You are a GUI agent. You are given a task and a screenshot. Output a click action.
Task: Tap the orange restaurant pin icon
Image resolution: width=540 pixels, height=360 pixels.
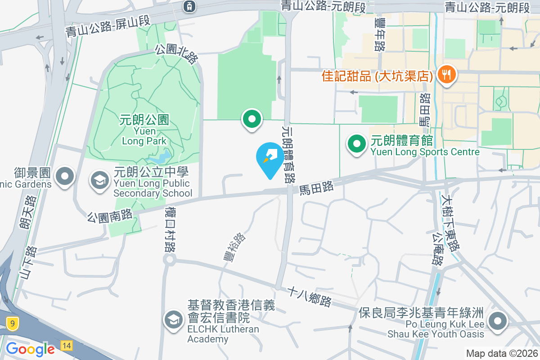446,74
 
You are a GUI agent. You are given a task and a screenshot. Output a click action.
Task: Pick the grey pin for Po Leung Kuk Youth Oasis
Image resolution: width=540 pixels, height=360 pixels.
498,322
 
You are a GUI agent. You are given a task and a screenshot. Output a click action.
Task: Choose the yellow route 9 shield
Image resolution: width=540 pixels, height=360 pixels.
13,322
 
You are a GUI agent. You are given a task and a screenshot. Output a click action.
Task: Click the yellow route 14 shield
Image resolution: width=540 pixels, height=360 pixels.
66,346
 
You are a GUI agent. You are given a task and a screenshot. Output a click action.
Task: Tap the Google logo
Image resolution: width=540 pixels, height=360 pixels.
30,349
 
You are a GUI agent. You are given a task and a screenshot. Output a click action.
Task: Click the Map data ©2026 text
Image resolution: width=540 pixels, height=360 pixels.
502,354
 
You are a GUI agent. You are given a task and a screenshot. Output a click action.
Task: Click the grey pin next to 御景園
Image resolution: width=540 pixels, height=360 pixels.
66,176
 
